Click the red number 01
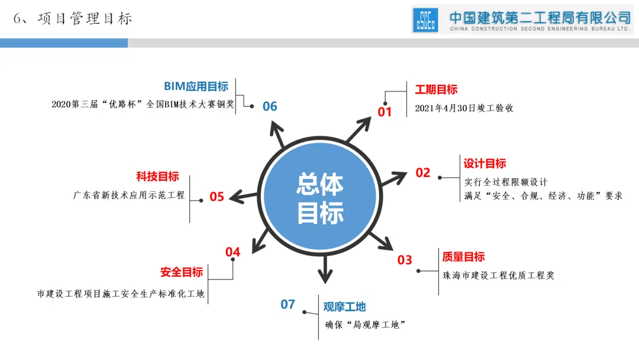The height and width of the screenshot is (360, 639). click(385, 111)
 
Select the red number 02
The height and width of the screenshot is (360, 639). click(422, 173)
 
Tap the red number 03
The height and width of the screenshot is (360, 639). click(404, 260)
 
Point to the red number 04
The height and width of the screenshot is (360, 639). click(233, 252)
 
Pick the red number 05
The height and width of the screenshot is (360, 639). click(217, 197)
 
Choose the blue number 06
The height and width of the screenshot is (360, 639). click(270, 107)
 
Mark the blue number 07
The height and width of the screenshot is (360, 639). click(288, 305)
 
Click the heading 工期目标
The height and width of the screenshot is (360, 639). click(436, 90)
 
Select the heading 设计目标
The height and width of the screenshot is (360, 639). click(485, 164)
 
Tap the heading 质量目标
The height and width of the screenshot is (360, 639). click(463, 257)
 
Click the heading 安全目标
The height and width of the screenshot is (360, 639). click(182, 272)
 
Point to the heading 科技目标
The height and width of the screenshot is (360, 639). click(157, 176)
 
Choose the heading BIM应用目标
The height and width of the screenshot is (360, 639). click(196, 87)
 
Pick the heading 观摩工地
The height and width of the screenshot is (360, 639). click(344, 307)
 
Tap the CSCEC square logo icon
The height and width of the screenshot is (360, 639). click(426, 20)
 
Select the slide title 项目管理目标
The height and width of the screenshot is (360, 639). click(84, 19)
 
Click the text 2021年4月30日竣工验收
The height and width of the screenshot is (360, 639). click(464, 108)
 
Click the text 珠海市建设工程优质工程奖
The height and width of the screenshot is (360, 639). click(498, 275)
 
